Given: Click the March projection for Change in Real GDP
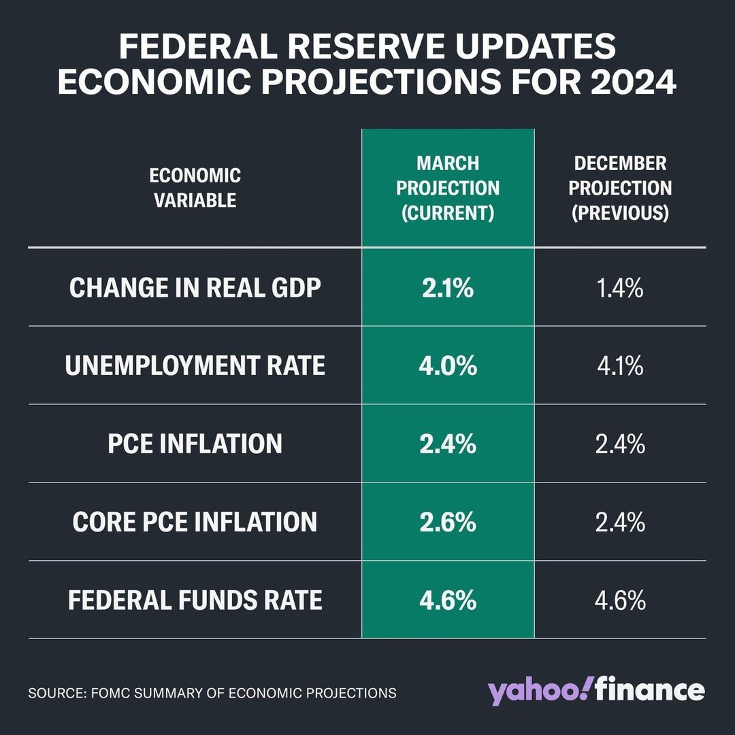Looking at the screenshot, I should click(x=448, y=289).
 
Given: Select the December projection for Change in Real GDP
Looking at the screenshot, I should click(x=620, y=289).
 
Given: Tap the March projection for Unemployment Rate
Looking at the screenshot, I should click(x=448, y=366).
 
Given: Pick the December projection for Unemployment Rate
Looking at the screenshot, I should click(x=620, y=366).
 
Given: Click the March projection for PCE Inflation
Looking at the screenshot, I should click(x=448, y=444).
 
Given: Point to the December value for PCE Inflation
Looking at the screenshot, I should click(x=620, y=444).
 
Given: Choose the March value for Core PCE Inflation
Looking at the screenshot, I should click(x=448, y=523).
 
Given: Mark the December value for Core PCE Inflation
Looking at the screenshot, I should click(x=620, y=523).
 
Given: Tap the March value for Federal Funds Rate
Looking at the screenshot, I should click(x=448, y=601).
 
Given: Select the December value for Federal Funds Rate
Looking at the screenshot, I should click(x=620, y=601).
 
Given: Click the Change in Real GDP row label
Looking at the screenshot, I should click(x=195, y=289).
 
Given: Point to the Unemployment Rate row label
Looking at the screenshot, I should click(x=195, y=366).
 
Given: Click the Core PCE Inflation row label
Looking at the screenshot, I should click(x=195, y=523).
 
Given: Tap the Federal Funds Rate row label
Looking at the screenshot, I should click(x=195, y=601).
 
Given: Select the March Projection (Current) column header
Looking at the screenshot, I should click(x=448, y=188).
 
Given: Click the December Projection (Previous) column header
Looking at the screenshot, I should click(x=620, y=188).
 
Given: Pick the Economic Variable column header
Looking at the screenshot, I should click(x=195, y=188).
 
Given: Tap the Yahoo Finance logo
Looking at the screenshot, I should click(x=595, y=691).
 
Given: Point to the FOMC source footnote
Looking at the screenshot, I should click(x=212, y=693).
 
